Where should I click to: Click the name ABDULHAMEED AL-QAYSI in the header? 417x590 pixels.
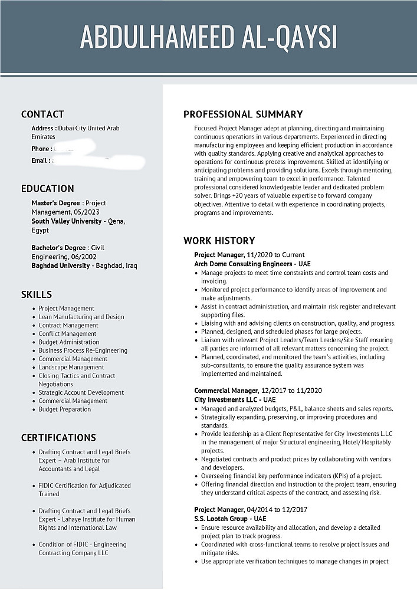coord(208,37)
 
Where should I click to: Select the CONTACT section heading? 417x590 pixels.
coord(42,114)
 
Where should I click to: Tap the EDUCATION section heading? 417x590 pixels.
coord(47,189)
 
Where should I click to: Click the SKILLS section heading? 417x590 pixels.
coord(37,294)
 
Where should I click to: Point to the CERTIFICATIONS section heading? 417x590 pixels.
coord(58,438)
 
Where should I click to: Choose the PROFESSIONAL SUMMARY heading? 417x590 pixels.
coord(243,114)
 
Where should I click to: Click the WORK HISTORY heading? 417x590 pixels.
coord(219,241)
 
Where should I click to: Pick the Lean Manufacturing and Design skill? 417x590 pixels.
coord(81,317)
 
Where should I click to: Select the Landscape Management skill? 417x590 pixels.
coord(71,367)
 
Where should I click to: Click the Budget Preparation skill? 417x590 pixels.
coord(65,409)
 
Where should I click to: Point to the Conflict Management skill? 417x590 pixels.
coord(67,333)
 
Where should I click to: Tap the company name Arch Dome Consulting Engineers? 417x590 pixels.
coord(244,264)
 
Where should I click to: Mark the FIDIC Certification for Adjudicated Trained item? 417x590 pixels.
coord(84,490)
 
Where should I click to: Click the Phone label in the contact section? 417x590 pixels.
coord(41,149)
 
